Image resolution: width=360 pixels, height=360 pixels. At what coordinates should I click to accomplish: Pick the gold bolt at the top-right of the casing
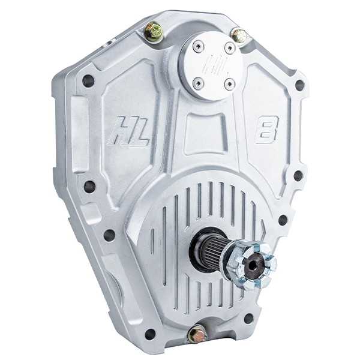click(x=240, y=36)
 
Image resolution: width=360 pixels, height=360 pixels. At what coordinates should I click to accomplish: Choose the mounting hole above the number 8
click(x=299, y=85)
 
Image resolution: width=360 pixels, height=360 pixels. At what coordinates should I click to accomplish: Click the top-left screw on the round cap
click(x=199, y=45)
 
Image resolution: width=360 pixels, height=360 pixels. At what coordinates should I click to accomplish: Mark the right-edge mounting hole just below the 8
click(x=298, y=175)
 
